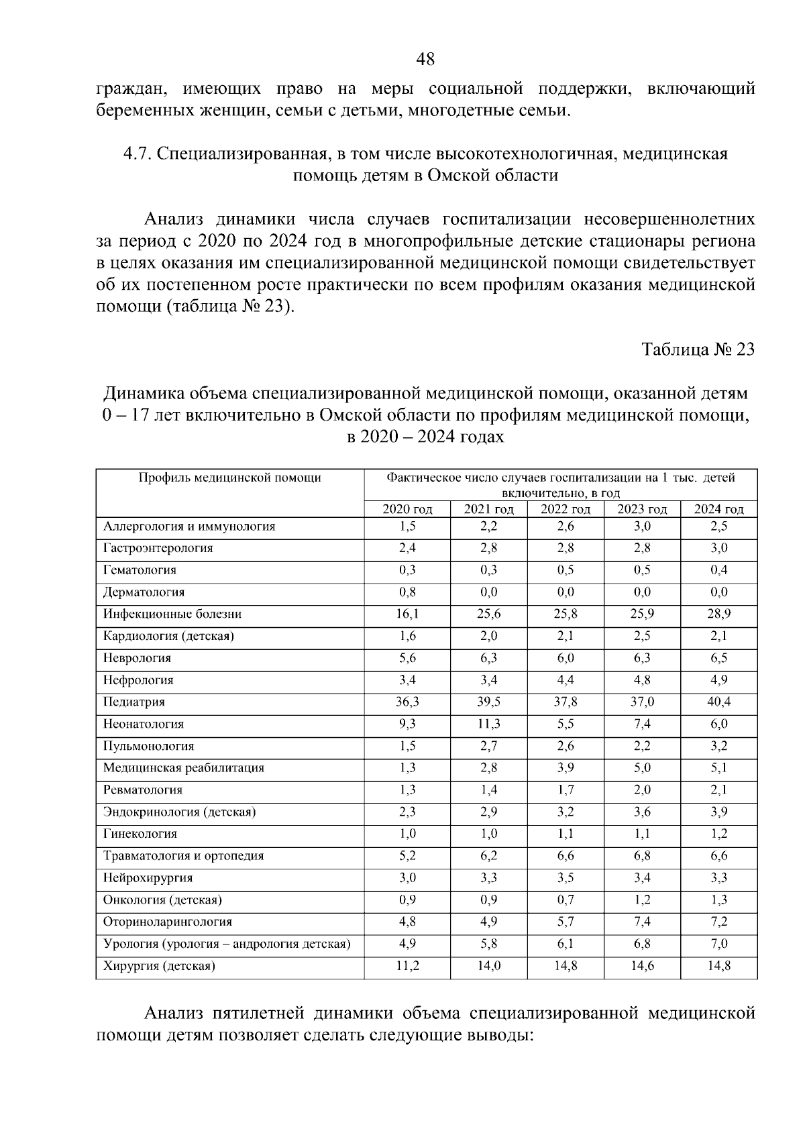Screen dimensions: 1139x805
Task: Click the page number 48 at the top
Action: coord(425,60)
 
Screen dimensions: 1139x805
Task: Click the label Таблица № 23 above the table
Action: coord(698,349)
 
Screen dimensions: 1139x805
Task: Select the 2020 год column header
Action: coord(407,509)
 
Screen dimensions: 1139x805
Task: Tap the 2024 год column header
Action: coord(718,509)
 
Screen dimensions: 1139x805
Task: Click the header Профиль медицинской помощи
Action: coord(229,478)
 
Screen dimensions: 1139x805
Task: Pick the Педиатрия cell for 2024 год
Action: coord(718,702)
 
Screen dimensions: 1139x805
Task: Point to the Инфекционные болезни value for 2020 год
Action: coord(407,614)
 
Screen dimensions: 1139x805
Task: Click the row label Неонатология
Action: coord(144,724)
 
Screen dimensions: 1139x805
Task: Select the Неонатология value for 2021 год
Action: coord(489,724)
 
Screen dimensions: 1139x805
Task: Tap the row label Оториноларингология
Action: coord(168,922)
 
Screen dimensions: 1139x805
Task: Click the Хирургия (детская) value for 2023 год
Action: coord(642,966)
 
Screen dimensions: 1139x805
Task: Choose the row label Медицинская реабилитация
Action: coord(184,768)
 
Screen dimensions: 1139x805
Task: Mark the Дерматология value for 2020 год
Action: coord(407,592)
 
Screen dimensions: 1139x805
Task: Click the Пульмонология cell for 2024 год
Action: coord(718,746)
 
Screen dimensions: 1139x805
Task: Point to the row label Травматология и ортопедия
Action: coord(183,856)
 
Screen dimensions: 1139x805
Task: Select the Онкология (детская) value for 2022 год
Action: coord(566,900)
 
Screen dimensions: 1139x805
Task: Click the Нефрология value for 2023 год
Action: coord(642,680)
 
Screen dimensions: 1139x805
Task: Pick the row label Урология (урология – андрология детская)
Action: coord(227,944)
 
